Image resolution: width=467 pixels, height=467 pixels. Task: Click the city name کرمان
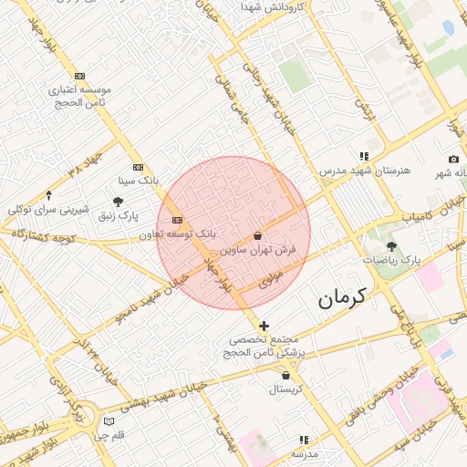[x=342, y=296]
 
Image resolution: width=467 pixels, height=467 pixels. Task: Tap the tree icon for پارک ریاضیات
[x=391, y=246]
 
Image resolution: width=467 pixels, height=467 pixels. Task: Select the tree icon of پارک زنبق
[x=118, y=202]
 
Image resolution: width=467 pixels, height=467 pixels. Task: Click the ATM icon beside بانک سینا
[x=138, y=167]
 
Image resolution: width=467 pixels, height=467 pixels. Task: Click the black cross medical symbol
[x=264, y=326]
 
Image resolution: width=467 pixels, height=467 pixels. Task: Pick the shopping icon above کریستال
[x=286, y=375]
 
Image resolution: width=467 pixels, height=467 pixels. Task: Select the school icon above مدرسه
[x=304, y=440]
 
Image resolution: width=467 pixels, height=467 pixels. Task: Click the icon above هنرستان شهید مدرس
[x=364, y=156]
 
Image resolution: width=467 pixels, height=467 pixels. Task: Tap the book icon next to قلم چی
[x=109, y=421]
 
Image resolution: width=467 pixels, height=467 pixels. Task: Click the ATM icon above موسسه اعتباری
[x=80, y=76]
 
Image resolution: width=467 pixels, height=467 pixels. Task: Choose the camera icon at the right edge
[x=453, y=159]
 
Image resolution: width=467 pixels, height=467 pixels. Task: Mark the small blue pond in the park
[x=448, y=27]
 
